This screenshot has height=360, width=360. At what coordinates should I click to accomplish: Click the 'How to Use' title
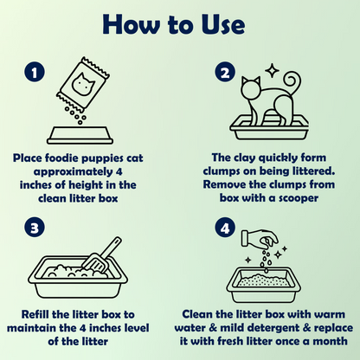(x=174, y=24)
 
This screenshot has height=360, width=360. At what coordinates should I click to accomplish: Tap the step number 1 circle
(x=35, y=72)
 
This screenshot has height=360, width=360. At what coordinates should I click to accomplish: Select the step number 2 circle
(x=225, y=72)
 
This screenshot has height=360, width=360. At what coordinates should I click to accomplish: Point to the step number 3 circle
(x=35, y=228)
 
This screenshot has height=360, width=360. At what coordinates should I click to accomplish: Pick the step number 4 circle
(x=225, y=228)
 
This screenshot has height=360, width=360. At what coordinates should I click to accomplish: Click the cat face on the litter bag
(x=83, y=83)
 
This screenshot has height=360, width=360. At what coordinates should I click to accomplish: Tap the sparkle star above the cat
(x=272, y=70)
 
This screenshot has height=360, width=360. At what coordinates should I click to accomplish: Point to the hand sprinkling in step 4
(x=260, y=237)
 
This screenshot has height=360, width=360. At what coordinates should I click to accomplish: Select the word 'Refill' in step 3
(x=35, y=314)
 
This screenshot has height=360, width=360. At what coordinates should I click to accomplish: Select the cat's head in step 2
(x=250, y=87)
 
